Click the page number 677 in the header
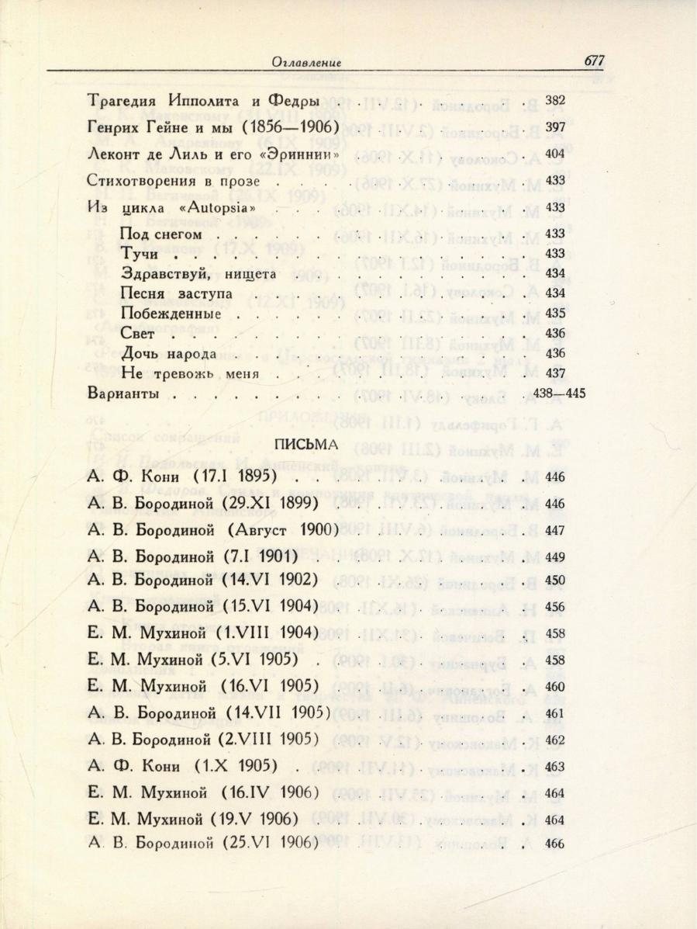(588, 61)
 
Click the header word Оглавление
(307, 63)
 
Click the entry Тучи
(140, 254)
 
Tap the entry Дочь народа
(168, 354)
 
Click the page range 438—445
(559, 393)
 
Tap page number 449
(555, 556)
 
